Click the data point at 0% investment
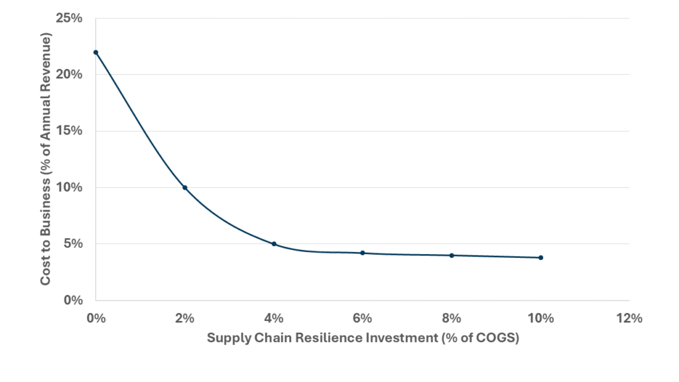pyautogui.click(x=96, y=52)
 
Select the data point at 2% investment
pyautogui.click(x=185, y=188)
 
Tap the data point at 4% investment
pyautogui.click(x=274, y=244)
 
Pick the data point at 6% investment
pyautogui.click(x=363, y=253)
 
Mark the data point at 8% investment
pyautogui.click(x=452, y=255)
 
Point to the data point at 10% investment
pyautogui.click(x=540, y=257)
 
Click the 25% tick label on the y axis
pyautogui.click(x=68, y=18)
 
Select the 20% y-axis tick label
pyautogui.click(x=68, y=74)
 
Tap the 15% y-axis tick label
pyautogui.click(x=68, y=131)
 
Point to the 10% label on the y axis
pyautogui.click(x=68, y=187)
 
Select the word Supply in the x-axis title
pyautogui.click(x=227, y=338)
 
